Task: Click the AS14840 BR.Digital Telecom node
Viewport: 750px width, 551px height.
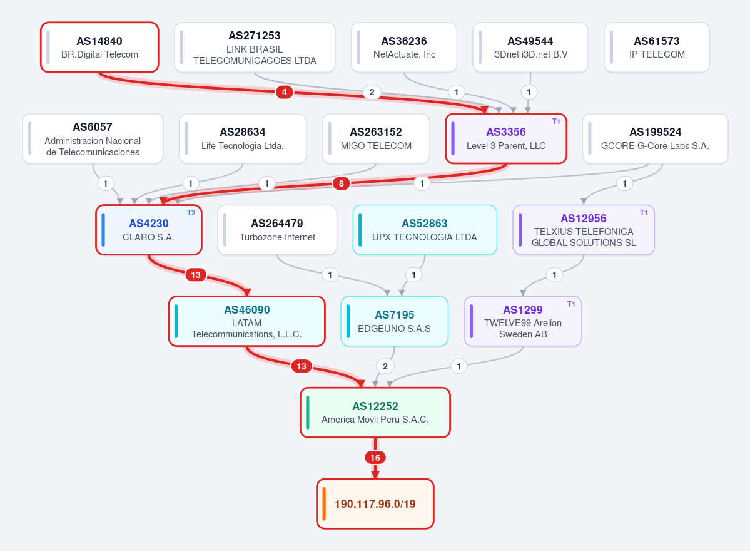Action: pos(99,48)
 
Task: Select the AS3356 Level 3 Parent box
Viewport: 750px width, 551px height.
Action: pos(506,138)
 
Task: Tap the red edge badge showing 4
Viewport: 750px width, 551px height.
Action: pos(284,92)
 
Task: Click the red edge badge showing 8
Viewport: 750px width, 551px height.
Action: pos(341,183)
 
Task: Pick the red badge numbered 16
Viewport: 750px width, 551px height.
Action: pos(375,458)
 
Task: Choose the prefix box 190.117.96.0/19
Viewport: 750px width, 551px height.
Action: pos(375,503)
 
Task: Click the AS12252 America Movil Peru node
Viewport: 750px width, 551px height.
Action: pos(375,412)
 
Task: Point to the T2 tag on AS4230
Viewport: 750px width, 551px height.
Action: pos(191,213)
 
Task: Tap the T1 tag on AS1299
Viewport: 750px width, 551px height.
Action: pos(571,304)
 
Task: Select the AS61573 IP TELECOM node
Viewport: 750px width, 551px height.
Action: pos(657,48)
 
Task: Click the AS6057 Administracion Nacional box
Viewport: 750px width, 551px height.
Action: pos(93,138)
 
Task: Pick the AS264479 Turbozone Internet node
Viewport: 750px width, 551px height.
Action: pos(277,230)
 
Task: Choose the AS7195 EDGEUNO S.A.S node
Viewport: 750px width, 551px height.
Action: pos(394,321)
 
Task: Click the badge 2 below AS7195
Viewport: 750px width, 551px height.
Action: pos(385,366)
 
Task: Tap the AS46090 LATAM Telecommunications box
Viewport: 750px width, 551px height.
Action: pos(247,321)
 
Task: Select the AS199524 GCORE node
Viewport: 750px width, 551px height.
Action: pos(656,138)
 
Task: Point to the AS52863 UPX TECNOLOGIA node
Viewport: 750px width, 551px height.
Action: pos(425,230)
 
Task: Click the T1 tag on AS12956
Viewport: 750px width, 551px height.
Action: pos(644,213)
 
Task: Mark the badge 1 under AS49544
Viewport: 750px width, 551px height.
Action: pos(529,92)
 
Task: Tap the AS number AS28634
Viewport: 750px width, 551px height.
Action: pos(243,132)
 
